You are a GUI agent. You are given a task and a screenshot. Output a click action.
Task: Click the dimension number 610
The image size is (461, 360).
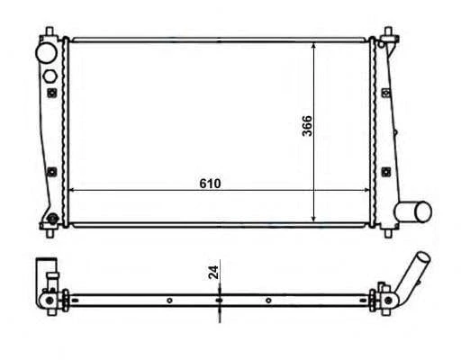[x=210, y=184]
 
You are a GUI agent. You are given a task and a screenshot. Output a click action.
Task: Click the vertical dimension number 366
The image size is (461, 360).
[x=307, y=126]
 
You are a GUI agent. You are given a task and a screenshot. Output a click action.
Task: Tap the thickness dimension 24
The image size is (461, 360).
[x=213, y=272]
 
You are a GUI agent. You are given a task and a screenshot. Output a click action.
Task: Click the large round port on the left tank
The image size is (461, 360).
[x=46, y=53]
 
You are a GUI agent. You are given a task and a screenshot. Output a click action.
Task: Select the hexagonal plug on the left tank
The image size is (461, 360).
[x=50, y=76]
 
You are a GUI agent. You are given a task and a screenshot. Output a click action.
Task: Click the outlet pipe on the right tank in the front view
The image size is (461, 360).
[x=412, y=211]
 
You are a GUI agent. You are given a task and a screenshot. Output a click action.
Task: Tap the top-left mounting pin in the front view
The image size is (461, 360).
[x=50, y=31]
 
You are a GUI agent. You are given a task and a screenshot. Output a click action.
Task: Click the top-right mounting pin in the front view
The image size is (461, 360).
[x=388, y=31]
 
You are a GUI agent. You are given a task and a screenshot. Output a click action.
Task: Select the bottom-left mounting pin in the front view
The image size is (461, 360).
[x=50, y=232]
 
